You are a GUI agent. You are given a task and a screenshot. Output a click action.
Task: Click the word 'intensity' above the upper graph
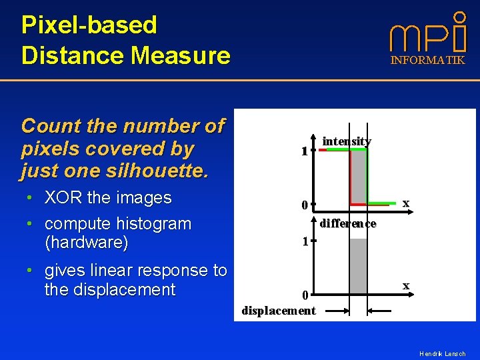click(347, 141)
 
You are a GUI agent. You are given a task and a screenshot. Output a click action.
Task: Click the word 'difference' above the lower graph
click(347, 223)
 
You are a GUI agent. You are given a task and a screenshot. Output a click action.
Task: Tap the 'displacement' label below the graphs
click(279, 310)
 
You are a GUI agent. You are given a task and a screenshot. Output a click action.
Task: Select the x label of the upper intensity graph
click(405, 203)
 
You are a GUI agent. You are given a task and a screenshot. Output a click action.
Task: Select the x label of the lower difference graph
click(405, 285)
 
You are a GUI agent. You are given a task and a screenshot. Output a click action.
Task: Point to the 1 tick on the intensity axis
click(304, 151)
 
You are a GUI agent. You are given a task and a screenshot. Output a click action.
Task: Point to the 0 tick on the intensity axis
click(304, 205)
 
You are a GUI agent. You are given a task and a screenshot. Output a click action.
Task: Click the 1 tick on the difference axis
click(304, 242)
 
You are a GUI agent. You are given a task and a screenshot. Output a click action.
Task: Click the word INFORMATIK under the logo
click(427, 61)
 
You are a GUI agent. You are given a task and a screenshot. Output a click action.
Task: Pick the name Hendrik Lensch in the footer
click(442, 353)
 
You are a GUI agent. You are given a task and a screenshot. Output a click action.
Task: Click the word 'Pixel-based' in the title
click(89, 25)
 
